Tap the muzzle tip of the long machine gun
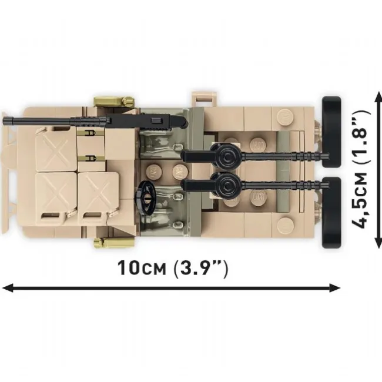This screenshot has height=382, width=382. click(4, 121)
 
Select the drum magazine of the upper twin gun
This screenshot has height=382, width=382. click(227, 157)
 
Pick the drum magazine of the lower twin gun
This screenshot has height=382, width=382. click(227, 185)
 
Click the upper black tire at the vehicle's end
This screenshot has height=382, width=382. click(331, 132)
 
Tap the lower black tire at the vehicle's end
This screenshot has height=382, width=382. click(331, 213)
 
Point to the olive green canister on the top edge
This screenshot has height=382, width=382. click(115, 102)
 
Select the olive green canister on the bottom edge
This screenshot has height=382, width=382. click(114, 242)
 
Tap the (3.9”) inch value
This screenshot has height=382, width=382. click(200, 269)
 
